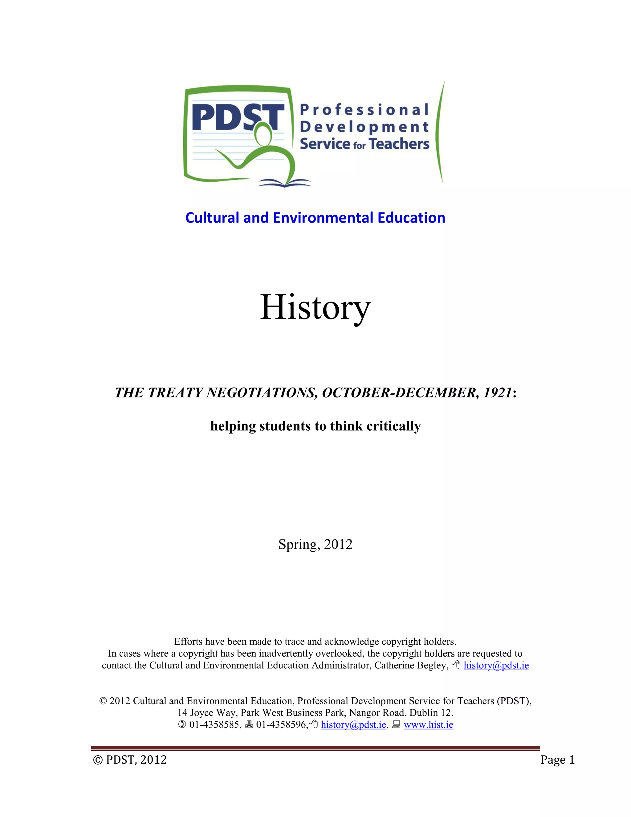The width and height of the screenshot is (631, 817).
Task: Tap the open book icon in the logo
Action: [x=284, y=183]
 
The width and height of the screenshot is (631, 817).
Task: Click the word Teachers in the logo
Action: [x=399, y=144]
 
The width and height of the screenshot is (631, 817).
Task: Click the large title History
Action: [x=315, y=307]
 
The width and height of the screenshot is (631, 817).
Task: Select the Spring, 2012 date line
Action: [x=315, y=544]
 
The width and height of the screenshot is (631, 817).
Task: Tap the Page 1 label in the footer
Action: [x=557, y=760]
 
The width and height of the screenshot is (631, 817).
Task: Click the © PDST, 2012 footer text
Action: [x=130, y=760]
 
